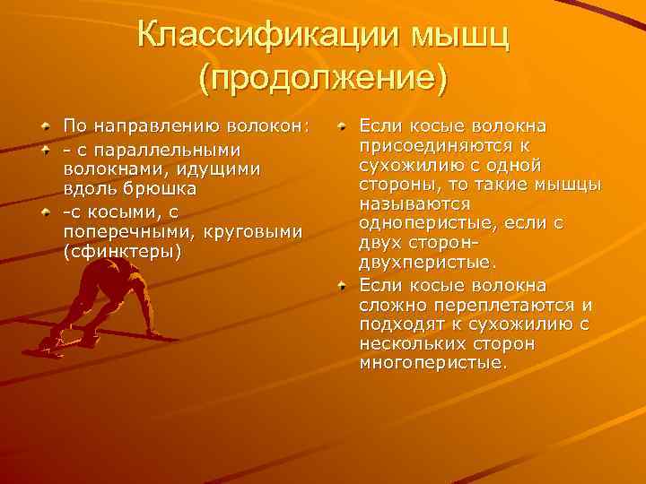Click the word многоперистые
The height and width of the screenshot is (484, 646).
432,364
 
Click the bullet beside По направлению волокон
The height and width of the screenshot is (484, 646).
45,126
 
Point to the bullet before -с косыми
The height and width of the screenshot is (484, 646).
45,212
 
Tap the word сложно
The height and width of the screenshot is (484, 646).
389,305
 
